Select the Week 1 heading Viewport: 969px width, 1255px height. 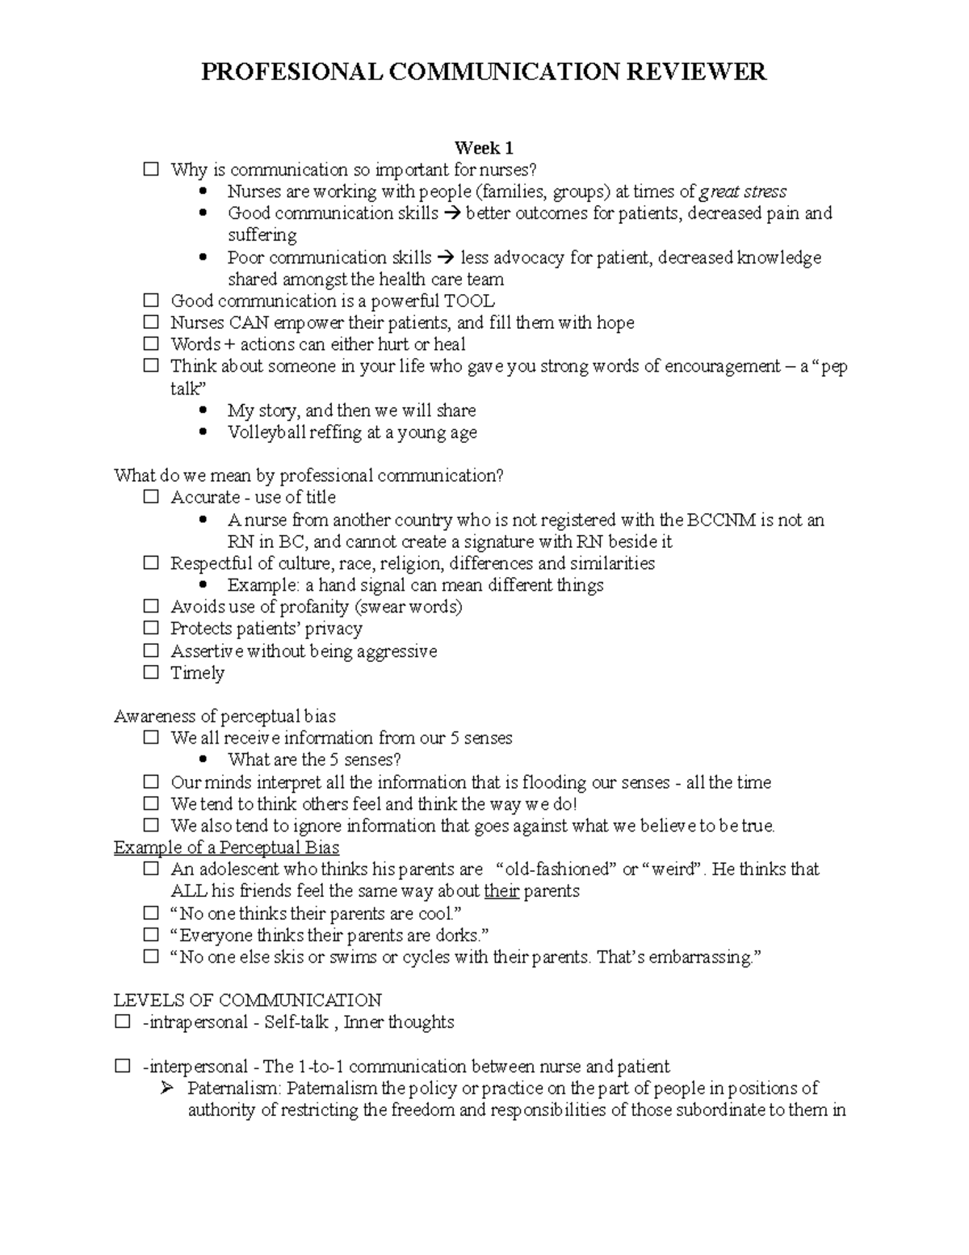pos(484,148)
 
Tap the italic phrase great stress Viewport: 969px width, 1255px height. pos(743,192)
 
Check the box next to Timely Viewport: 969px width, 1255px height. pos(151,672)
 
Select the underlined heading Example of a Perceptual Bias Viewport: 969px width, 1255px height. pos(226,848)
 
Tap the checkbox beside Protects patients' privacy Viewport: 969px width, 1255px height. pos(151,628)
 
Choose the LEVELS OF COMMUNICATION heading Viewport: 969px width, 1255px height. pos(248,1000)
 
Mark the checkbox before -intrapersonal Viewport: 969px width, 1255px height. pos(122,1021)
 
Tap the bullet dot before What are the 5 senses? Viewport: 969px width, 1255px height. pos(203,760)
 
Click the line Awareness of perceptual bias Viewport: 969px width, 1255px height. pos(224,716)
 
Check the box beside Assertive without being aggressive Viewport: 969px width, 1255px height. pos(151,651)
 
